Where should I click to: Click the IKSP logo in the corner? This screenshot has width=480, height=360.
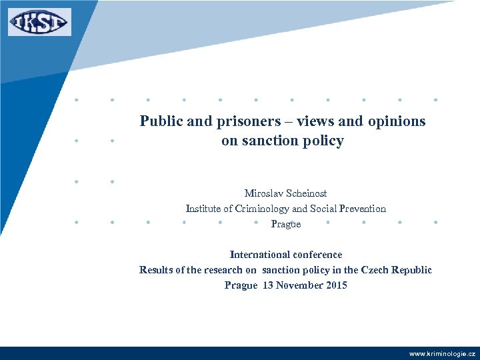[x=39, y=22]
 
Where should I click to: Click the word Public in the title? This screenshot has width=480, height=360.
[x=159, y=121]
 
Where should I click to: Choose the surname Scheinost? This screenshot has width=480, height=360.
[x=307, y=193]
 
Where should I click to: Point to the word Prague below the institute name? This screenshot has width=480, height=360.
[x=286, y=224]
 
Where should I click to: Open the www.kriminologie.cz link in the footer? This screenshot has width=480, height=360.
[x=442, y=353]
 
